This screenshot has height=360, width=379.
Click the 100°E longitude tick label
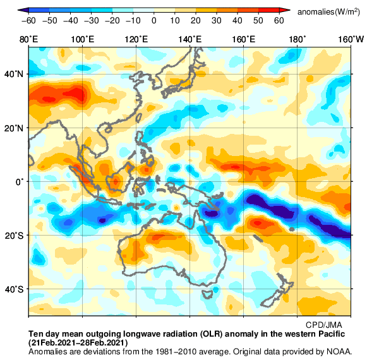83,39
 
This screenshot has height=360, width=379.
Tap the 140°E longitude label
190,39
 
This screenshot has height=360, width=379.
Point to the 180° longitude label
297,39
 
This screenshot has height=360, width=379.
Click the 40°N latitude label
15,74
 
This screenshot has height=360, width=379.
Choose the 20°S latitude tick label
15,236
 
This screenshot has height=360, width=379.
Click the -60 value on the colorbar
27,20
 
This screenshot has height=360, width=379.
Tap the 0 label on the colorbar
153,20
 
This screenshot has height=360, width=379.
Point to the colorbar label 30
217,20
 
